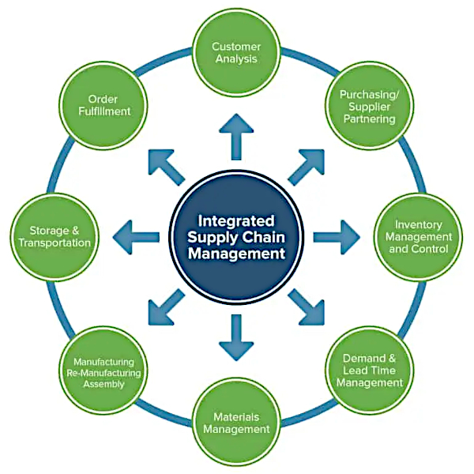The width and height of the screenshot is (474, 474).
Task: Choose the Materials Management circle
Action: (x=236, y=423)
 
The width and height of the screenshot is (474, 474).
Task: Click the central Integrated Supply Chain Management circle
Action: (x=236, y=235)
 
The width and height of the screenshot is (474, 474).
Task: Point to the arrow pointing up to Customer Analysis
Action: (x=236, y=135)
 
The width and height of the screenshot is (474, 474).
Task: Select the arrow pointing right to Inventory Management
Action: (x=337, y=236)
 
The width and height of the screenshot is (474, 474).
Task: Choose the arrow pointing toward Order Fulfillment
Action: (x=165, y=165)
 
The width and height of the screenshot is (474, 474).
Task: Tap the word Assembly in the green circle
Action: (x=103, y=383)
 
